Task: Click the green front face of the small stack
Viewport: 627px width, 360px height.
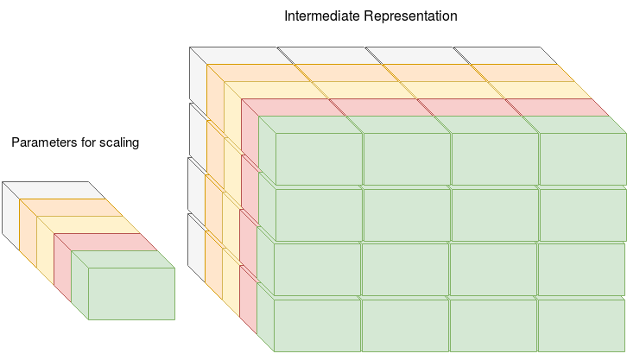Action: click(131, 294)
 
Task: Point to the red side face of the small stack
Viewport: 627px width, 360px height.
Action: click(62, 263)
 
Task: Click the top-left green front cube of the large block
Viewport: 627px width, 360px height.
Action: click(319, 159)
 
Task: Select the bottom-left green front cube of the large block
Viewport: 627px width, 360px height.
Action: click(317, 325)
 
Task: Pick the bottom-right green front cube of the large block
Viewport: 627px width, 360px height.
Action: click(580, 325)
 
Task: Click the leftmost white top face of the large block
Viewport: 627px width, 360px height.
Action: click(237, 55)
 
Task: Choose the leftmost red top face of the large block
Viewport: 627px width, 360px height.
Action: click(289, 107)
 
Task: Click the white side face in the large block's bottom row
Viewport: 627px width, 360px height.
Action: click(196, 246)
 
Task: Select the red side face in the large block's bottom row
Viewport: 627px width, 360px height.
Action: click(248, 302)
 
